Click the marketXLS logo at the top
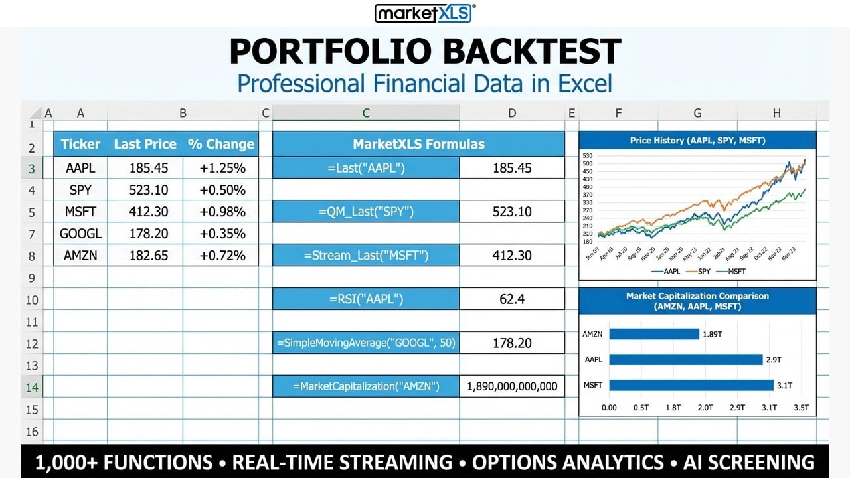[424, 13]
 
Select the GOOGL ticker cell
[80, 234]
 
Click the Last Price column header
[145, 144]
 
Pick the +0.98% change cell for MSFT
[222, 212]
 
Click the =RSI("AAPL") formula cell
[366, 299]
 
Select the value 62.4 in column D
[512, 299]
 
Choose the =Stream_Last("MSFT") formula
[366, 256]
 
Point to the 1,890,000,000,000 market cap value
[512, 386]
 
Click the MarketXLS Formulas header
[418, 144]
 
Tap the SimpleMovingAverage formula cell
[366, 343]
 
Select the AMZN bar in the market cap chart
[654, 334]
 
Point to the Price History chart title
[697, 141]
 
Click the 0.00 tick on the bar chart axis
[609, 408]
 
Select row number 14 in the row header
[31, 387]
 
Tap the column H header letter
[776, 114]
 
